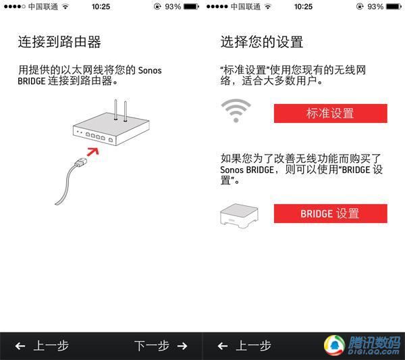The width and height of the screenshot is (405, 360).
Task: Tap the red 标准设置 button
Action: click(x=331, y=113)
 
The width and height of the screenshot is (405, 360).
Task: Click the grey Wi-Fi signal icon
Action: click(x=236, y=111)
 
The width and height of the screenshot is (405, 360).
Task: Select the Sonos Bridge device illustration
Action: click(x=239, y=215)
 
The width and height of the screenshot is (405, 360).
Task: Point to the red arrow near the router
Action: click(x=92, y=151)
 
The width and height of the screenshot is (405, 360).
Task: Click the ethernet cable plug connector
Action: click(x=81, y=162)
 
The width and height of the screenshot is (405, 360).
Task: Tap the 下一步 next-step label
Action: click(x=152, y=346)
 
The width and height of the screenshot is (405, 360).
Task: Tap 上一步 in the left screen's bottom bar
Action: click(x=51, y=346)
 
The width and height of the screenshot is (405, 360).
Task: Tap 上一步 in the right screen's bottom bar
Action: click(x=253, y=346)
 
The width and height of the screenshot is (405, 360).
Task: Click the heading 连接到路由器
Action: click(x=59, y=42)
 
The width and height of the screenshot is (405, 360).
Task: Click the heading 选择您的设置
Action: click(x=262, y=42)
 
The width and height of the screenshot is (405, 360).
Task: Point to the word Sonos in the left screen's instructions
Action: click(x=150, y=70)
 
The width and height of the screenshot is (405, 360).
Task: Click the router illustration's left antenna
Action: click(x=115, y=109)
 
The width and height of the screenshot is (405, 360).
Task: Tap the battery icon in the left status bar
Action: click(x=192, y=7)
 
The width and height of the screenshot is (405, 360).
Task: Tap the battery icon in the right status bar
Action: click(x=394, y=7)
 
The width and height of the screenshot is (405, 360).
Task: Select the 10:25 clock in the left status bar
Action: click(x=101, y=7)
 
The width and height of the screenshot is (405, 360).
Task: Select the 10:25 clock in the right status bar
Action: click(x=303, y=7)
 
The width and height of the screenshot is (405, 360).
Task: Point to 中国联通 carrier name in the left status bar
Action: click(x=43, y=7)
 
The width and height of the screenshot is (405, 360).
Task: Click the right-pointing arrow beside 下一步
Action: click(x=182, y=346)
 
